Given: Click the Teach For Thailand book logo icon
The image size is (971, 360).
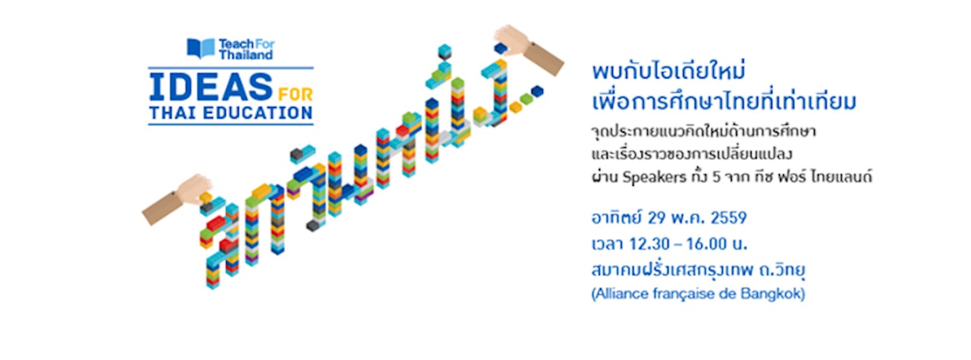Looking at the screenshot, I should pos(201,48).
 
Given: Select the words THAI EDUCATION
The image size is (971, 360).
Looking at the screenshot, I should pos(230,113).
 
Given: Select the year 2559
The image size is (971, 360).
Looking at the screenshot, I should pos(729,218).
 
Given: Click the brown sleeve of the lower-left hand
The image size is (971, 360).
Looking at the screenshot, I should pos(157,208).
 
